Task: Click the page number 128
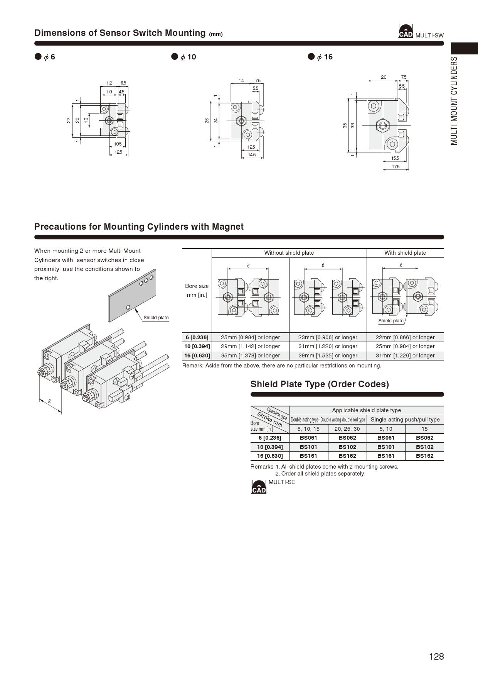click(436, 656)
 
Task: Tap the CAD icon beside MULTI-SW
click(405, 32)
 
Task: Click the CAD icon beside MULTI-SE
click(259, 487)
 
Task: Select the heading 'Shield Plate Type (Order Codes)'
click(320, 384)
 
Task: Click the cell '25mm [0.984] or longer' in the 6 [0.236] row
click(250, 337)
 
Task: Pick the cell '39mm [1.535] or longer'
click(328, 355)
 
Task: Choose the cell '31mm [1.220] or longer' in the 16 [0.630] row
click(405, 355)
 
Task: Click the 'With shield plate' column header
click(405, 253)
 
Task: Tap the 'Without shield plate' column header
click(289, 253)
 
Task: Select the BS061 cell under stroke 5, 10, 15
click(308, 438)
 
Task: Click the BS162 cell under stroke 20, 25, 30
click(347, 456)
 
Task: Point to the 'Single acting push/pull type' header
click(405, 420)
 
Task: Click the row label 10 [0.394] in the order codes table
click(270, 447)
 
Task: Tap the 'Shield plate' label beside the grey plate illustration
click(156, 318)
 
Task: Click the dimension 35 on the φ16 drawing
click(345, 125)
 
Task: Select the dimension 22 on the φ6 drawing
click(69, 120)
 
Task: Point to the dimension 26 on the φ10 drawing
click(207, 121)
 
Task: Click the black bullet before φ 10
click(175, 57)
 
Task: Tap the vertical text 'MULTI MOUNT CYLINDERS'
click(454, 101)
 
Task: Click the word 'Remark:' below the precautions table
click(193, 366)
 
